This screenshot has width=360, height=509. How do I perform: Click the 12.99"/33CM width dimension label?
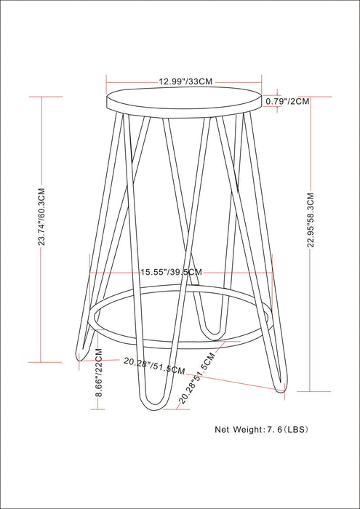(x=185, y=81)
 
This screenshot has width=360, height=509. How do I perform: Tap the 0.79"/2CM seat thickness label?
(x=287, y=101)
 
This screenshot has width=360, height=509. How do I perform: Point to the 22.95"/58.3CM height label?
(x=311, y=221)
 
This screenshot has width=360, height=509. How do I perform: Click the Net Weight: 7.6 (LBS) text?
(x=262, y=429)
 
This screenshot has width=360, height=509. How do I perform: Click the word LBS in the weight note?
(x=298, y=429)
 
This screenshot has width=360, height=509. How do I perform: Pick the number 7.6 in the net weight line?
(x=274, y=429)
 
